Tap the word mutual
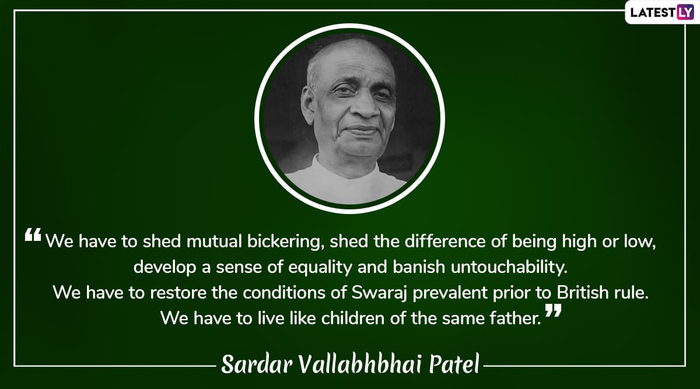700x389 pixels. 214,241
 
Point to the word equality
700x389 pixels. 320,268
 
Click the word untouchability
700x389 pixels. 509,267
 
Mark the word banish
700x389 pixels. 419,267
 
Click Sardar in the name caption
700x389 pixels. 257,364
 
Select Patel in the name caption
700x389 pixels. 454,364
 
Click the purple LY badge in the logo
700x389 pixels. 685,12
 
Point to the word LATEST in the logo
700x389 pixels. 653,12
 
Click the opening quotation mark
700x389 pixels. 33,234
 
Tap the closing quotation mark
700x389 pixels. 553,310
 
